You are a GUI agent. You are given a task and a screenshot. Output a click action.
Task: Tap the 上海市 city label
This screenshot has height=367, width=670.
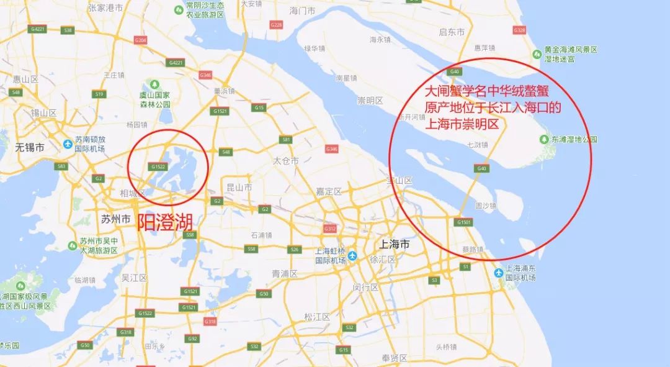tap(394, 245)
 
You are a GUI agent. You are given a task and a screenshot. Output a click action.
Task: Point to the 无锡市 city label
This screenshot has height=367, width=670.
tap(30, 148)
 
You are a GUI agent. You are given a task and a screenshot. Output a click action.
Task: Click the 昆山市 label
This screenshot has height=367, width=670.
tap(239, 187)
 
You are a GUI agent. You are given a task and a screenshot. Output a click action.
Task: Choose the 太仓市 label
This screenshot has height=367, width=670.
tap(286, 161)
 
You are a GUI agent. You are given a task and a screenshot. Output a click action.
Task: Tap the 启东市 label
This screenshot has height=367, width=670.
tap(452, 32)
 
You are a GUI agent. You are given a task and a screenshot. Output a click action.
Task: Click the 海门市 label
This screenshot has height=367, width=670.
tap(303, 11)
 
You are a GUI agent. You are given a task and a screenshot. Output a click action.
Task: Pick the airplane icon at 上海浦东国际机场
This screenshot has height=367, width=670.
tap(499, 273)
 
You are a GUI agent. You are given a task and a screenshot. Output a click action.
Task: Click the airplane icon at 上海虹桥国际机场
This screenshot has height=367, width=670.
tap(353, 255)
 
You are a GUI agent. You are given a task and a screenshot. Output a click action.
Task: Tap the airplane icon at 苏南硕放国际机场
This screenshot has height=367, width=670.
tap(68, 145)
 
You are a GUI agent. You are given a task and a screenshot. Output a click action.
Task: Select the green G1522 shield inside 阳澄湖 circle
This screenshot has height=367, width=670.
tap(158, 166)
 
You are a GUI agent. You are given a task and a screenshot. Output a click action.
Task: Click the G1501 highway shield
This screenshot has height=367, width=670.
tap(464, 222)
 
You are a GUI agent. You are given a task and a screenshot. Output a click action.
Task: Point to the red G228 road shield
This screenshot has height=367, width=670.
tap(277, 24)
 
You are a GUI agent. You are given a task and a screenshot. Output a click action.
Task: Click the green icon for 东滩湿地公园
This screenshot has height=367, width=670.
tap(545, 139)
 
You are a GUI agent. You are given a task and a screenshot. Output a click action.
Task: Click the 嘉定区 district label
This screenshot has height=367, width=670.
tap(330, 192)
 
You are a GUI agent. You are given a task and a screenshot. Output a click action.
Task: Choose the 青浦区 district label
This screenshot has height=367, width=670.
tap(285, 274)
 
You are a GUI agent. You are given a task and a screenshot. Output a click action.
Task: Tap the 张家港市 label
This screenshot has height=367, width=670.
tap(104, 7)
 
